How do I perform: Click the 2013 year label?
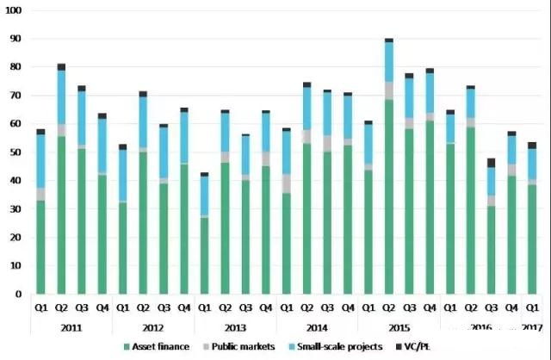pos(235,327)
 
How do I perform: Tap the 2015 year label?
pos(399,327)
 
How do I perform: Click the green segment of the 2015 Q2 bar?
pos(389,198)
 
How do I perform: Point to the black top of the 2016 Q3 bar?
pos(491,162)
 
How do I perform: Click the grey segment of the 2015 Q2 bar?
pos(389,90)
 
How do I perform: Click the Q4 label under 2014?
pos(349,307)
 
